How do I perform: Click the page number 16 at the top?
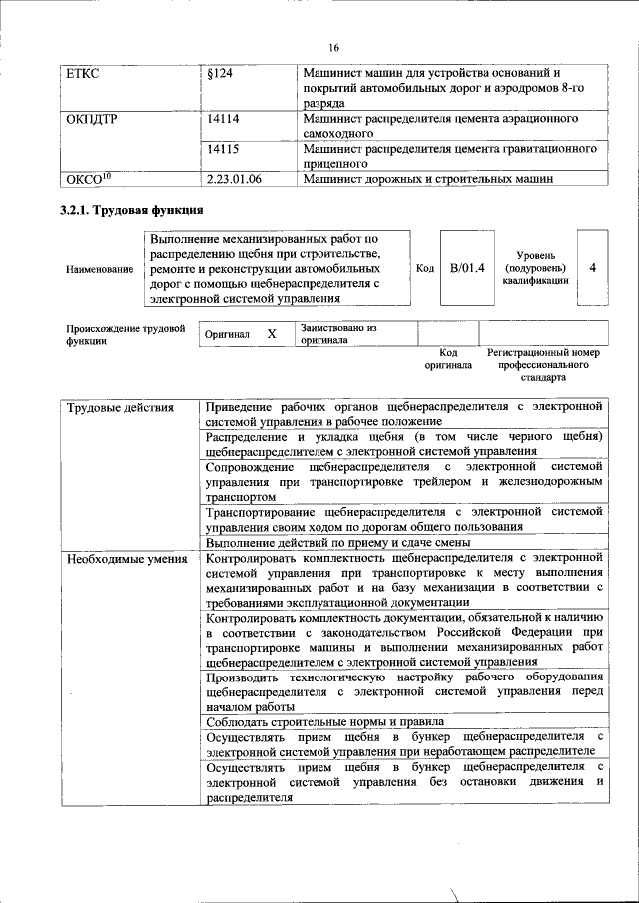point(333,47)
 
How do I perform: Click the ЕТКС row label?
point(84,75)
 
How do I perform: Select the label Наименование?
point(99,269)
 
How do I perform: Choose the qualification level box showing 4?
point(593,268)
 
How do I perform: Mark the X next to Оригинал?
point(271,334)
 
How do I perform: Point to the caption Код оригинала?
point(448,359)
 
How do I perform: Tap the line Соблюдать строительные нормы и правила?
point(324,721)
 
